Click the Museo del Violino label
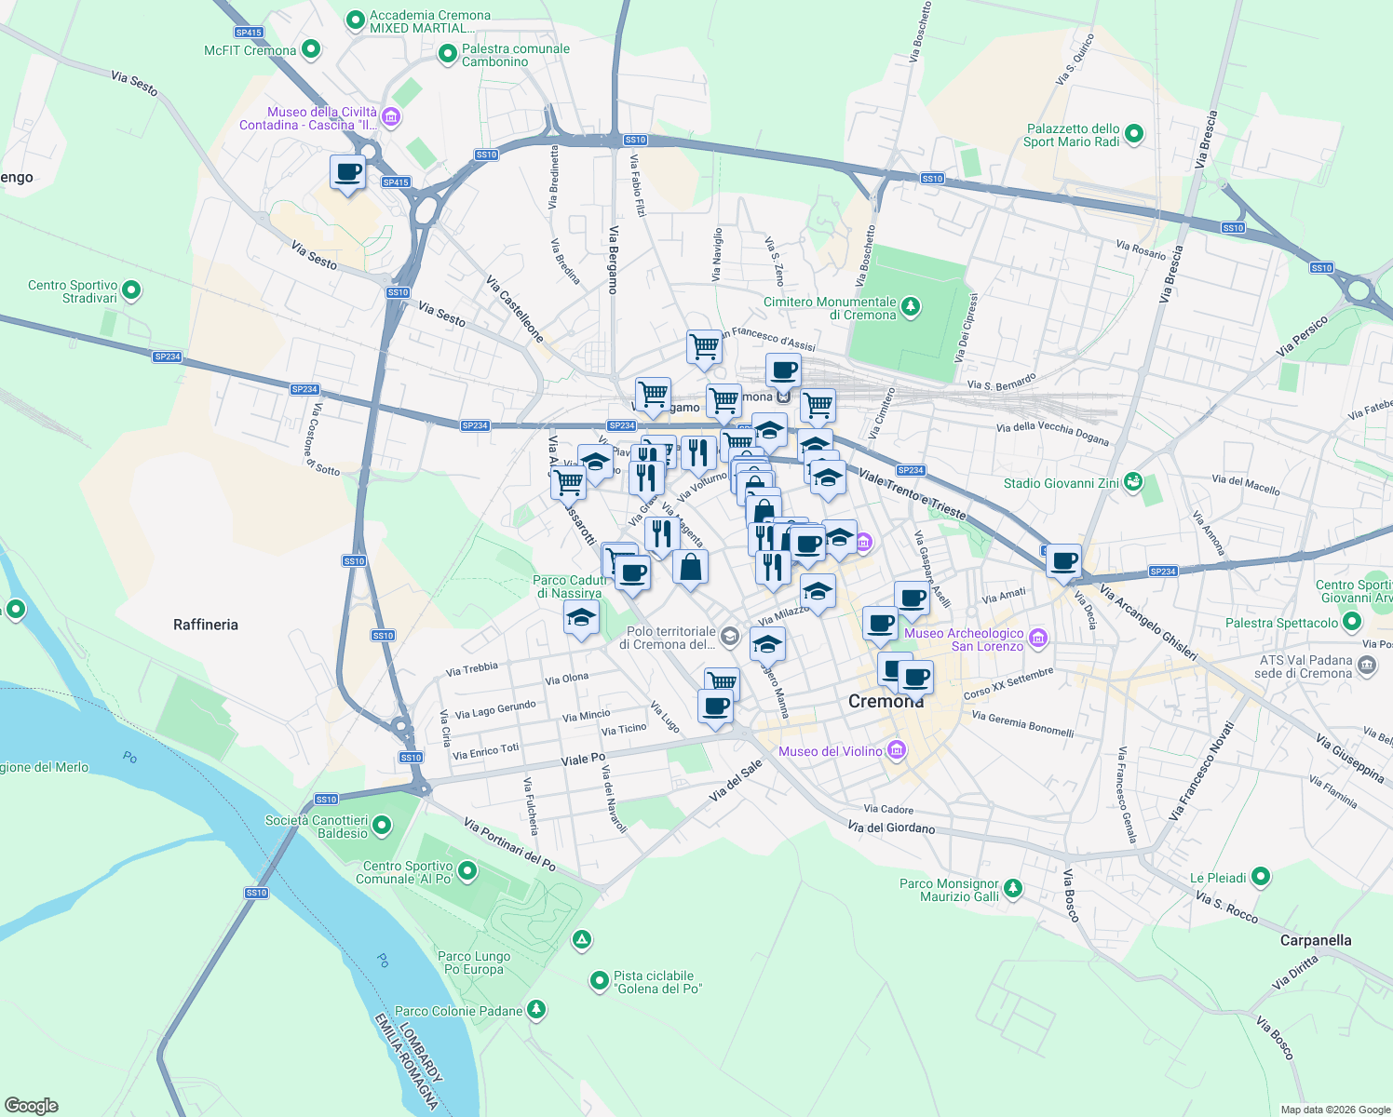pyautogui.click(x=830, y=751)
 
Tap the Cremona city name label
pyautogui.click(x=886, y=701)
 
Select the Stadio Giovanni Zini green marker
pyautogui.click(x=1132, y=482)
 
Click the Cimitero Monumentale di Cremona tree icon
pyautogui.click(x=911, y=306)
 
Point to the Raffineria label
pyautogui.click(x=206, y=625)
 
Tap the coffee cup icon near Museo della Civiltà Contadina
pyautogui.click(x=348, y=172)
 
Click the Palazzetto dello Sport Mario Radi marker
pyautogui.click(x=1133, y=135)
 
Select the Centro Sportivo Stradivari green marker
pyautogui.click(x=131, y=290)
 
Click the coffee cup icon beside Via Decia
pyautogui.click(x=1063, y=561)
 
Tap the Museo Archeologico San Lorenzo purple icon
pyautogui.click(x=1039, y=639)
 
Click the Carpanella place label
pyautogui.click(x=1315, y=940)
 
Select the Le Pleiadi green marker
pyautogui.click(x=1261, y=877)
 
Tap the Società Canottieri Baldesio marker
pyautogui.click(x=382, y=826)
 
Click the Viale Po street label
pyautogui.click(x=583, y=760)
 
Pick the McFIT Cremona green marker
pyautogui.click(x=311, y=49)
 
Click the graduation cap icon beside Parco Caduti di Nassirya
pyautogui.click(x=581, y=618)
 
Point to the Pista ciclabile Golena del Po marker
pyautogui.click(x=600, y=981)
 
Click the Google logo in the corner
pyautogui.click(x=32, y=1105)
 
